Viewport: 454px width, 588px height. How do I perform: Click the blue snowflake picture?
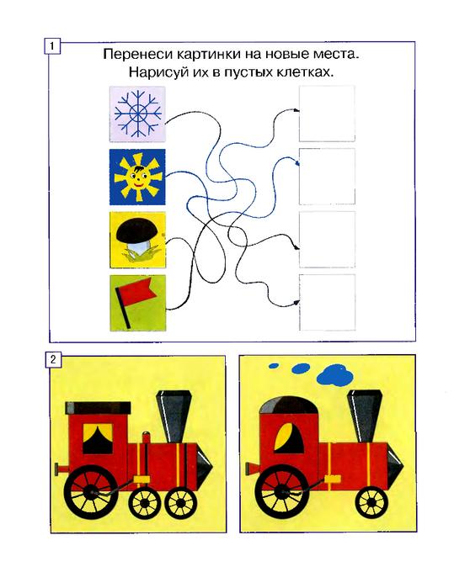(x=137, y=114)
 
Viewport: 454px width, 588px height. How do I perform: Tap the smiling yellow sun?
(x=137, y=177)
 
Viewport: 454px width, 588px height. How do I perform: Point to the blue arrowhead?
(x=298, y=163)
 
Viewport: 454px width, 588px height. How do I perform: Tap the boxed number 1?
(x=52, y=46)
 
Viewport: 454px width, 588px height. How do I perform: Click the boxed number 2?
(x=52, y=359)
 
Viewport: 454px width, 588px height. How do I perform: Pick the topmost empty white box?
(x=327, y=114)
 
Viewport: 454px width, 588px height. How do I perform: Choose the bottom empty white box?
(x=327, y=302)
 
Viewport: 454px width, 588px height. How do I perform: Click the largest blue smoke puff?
(x=336, y=376)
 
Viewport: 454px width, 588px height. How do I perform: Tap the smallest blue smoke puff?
(x=274, y=365)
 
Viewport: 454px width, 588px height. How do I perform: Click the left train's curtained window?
(x=97, y=438)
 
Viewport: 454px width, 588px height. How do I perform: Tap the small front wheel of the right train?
(x=371, y=502)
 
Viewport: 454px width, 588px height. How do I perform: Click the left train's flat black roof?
(x=98, y=408)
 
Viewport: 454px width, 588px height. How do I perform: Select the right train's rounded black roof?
(x=289, y=405)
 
